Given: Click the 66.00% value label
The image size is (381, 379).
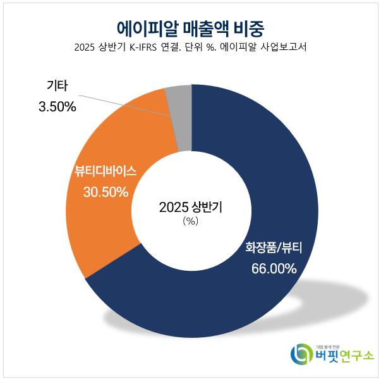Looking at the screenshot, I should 274,268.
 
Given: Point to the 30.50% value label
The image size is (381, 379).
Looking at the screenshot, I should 106,192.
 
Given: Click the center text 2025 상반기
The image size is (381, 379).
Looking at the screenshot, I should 191,207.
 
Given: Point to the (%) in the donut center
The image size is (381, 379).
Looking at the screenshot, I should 190,221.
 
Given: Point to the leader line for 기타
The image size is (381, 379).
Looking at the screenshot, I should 126,105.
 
